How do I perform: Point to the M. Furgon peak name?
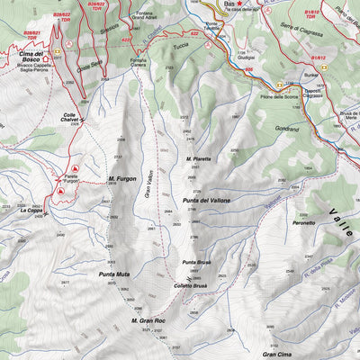(x=121, y=179)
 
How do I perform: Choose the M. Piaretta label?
(x=198, y=159)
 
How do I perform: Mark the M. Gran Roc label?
(x=146, y=320)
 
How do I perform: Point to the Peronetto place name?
(x=302, y=222)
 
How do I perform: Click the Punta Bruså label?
(x=195, y=262)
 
